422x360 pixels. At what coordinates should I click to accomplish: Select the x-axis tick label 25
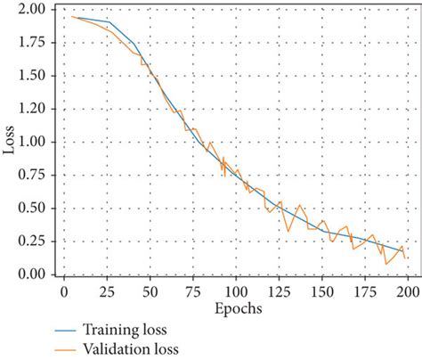point(106,291)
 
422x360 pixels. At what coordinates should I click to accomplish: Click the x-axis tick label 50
point(150,291)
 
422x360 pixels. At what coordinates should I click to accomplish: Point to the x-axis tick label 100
point(236,291)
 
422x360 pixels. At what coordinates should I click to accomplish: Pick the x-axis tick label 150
point(322,291)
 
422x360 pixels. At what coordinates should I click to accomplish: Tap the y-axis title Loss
point(9,142)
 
